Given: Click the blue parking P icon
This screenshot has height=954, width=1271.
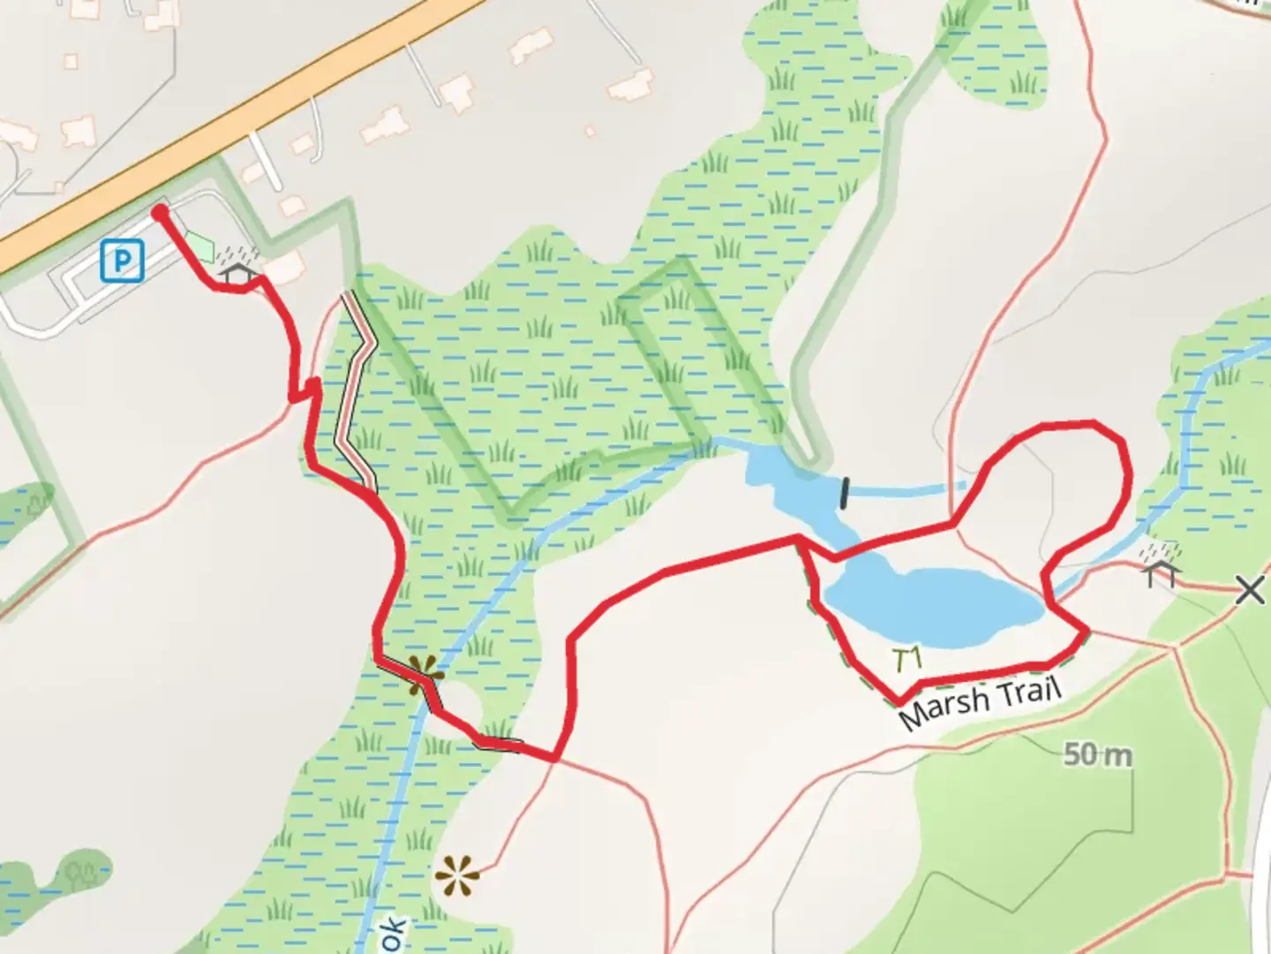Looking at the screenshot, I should click(122, 261).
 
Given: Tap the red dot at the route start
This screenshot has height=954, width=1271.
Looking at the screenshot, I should click(159, 212).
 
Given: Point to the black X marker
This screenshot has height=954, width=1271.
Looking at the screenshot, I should click(1250, 589).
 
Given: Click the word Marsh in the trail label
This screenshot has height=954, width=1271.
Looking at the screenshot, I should click(943, 707).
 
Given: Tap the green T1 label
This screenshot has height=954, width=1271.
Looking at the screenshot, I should click(906, 659).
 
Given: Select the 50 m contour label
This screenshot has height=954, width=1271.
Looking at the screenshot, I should click(1097, 754).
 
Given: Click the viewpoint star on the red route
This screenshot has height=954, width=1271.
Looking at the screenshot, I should click(424, 675).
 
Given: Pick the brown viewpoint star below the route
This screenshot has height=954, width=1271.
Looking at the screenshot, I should click(457, 877).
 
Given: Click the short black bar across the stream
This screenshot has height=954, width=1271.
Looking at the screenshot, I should click(846, 493).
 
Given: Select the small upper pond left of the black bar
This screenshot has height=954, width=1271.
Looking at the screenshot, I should click(786, 481).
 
